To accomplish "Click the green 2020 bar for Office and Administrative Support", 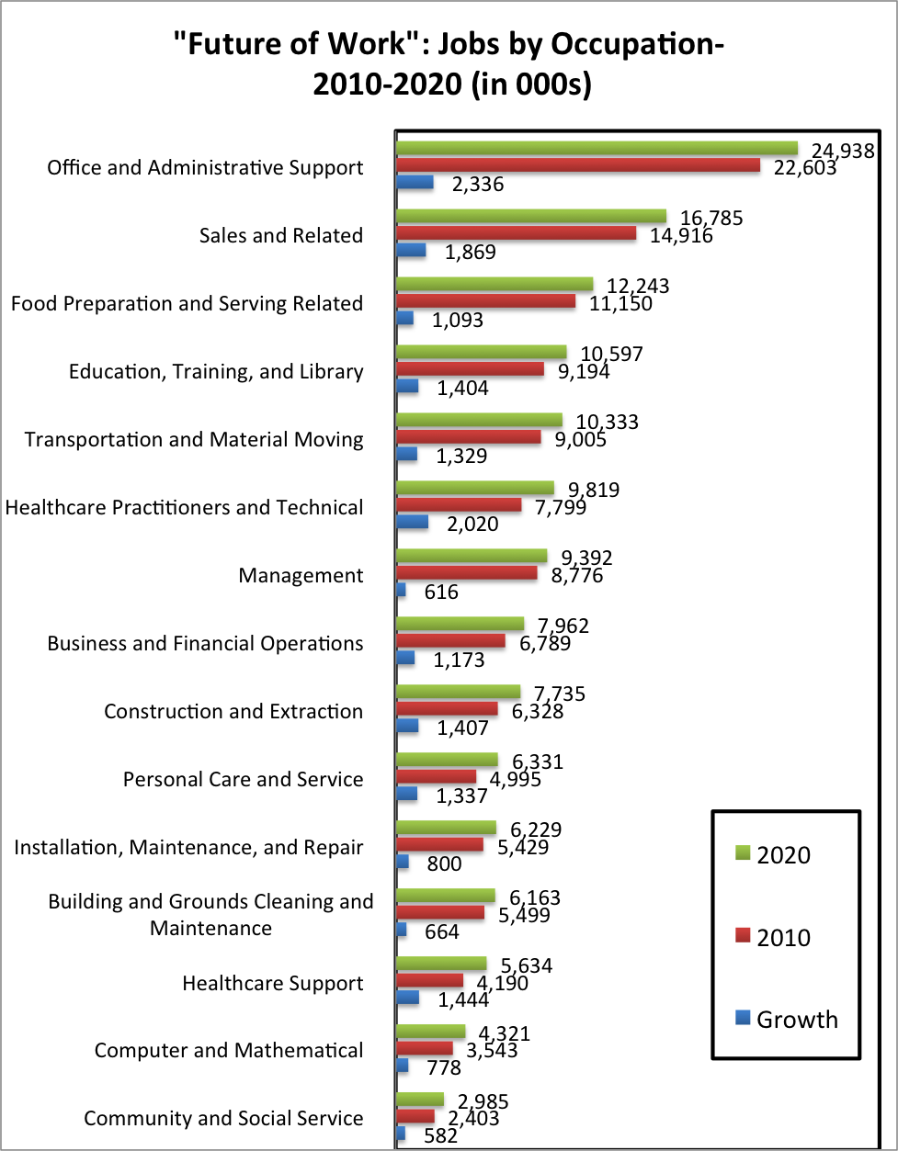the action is [x=597, y=148].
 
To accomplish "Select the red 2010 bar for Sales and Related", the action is [x=516, y=233].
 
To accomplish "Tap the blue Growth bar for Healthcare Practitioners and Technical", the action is [x=412, y=522].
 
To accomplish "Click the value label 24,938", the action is [x=843, y=151].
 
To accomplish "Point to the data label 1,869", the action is [x=471, y=252].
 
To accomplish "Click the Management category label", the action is [x=301, y=575].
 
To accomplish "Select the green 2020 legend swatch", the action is [x=743, y=853].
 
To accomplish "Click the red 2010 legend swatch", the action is [x=743, y=936].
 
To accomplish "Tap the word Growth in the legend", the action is [x=797, y=1020].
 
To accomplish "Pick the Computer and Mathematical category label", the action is [x=229, y=1050].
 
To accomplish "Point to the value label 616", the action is [x=441, y=592].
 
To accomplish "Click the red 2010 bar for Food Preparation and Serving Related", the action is [x=486, y=301].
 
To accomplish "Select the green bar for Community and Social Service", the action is [x=420, y=1099].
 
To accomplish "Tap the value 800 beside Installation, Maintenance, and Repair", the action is [x=445, y=863].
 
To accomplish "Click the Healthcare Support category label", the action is [x=273, y=983].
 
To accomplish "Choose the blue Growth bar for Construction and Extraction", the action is [x=407, y=726].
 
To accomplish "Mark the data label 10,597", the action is [x=612, y=354].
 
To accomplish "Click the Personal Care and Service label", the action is [x=244, y=779].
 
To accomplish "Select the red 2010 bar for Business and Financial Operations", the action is [x=451, y=641].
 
